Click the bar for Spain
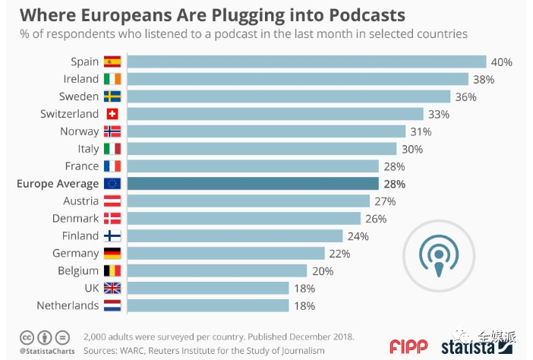click(307, 62)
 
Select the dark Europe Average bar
click(253, 184)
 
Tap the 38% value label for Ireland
click(484, 79)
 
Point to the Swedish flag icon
click(112, 96)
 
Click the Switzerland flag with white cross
click(112, 114)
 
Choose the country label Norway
click(79, 131)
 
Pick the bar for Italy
click(262, 149)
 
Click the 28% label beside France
click(394, 166)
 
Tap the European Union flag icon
click(112, 184)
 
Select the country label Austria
click(80, 201)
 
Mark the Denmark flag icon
click(112, 219)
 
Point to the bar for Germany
click(226, 254)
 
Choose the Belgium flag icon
click(112, 271)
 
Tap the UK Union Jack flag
click(112, 289)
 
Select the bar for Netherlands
click(208, 305)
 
